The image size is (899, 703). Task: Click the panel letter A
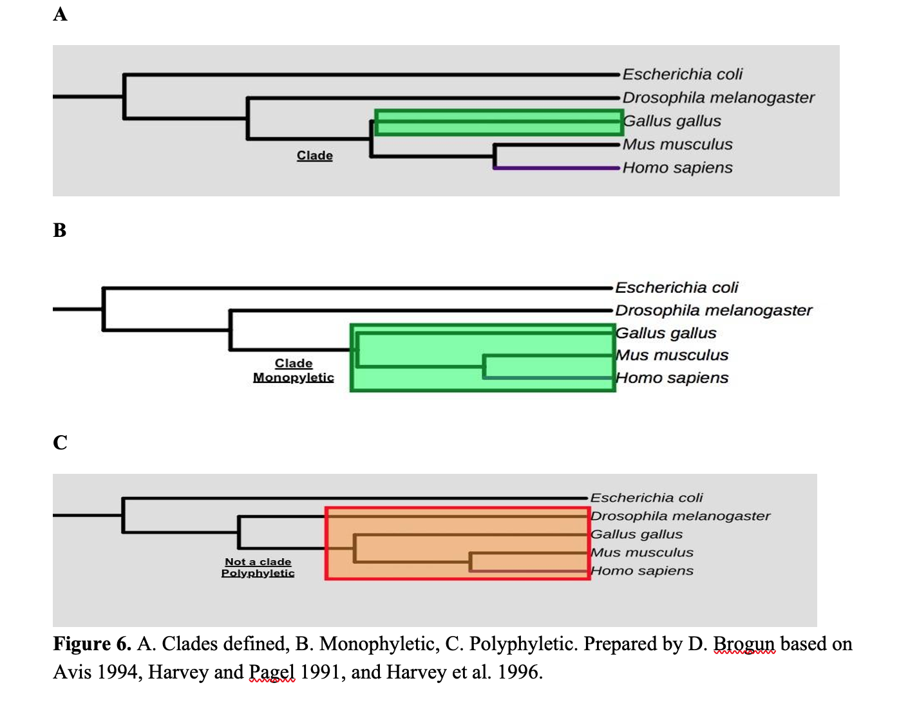60,14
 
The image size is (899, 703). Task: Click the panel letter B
60,230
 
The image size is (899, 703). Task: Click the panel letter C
60,442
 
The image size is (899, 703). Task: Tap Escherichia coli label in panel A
682,75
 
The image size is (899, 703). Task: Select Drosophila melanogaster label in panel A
718,98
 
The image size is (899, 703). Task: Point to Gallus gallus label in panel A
672,121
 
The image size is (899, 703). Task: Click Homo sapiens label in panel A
677,168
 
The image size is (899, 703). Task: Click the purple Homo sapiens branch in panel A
556,168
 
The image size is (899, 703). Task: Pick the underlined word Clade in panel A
314,156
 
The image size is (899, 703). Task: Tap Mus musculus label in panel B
672,355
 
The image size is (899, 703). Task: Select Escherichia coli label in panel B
676,287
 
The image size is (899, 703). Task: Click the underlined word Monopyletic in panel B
293,377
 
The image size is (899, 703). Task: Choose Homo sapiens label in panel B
672,378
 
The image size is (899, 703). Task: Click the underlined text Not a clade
258,562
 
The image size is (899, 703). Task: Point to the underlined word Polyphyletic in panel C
258,573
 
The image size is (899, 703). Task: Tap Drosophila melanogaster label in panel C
680,516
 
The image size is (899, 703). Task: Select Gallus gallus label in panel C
636,534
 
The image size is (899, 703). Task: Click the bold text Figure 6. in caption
92,644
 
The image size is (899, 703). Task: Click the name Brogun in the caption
744,644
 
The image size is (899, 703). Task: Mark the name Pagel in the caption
272,673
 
